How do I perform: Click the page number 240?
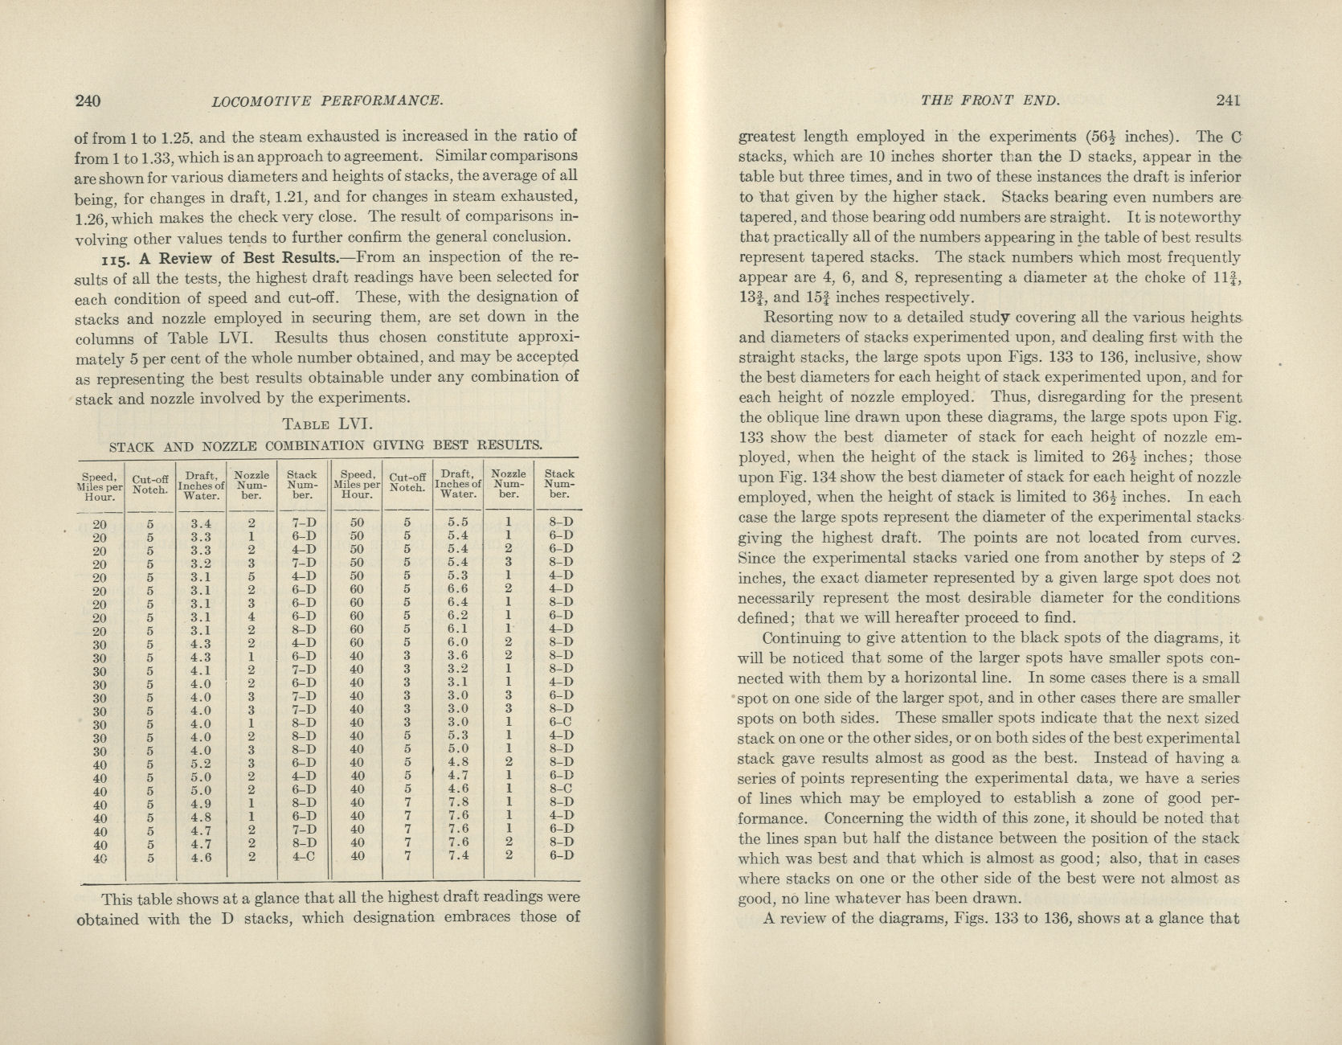pyautogui.click(x=87, y=101)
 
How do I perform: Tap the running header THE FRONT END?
pyautogui.click(x=990, y=100)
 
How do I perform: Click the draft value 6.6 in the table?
pyautogui.click(x=458, y=588)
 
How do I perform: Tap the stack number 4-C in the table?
pyautogui.click(x=302, y=857)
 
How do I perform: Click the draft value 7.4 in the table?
pyautogui.click(x=458, y=855)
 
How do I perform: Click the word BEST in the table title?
pyautogui.click(x=452, y=445)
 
